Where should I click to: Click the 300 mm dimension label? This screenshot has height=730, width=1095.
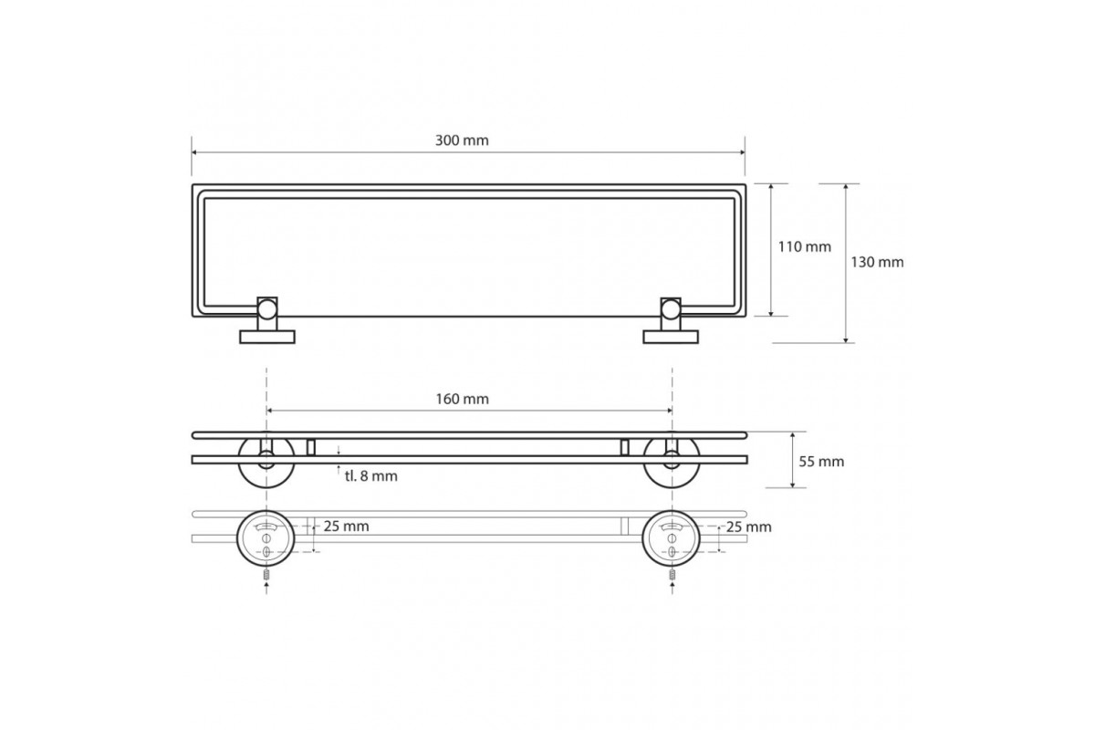coord(462,141)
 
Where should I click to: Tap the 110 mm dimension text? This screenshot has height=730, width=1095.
coord(805,247)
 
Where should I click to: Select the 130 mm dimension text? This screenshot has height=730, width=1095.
coord(878,263)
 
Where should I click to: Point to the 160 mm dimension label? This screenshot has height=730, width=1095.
coord(463,400)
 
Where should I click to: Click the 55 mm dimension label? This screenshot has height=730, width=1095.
coord(821,462)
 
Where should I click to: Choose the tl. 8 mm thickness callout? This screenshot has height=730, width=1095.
coord(371,476)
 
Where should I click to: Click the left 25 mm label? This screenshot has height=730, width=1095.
coord(346,527)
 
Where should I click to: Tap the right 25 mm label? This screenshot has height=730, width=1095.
coord(749,527)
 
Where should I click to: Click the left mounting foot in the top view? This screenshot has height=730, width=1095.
coord(266,337)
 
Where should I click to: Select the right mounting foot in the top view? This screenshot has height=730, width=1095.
coord(671,337)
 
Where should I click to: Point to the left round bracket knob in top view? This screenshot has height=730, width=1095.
coord(266,309)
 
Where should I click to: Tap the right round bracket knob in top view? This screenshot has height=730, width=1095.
coord(671,309)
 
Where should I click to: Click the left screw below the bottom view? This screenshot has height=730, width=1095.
coord(266,576)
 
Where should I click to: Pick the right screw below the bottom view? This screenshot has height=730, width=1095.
coord(673,576)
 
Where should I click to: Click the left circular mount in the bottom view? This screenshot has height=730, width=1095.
coord(266,537)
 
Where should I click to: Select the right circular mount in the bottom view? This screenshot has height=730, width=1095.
coord(672,537)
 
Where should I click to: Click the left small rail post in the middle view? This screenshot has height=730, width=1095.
coord(311,447)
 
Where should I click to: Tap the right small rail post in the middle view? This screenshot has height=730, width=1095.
coord(624,447)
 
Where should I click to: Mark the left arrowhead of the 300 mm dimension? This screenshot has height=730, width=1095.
coord(194,152)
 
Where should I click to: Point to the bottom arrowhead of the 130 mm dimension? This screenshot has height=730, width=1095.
coord(845,339)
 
